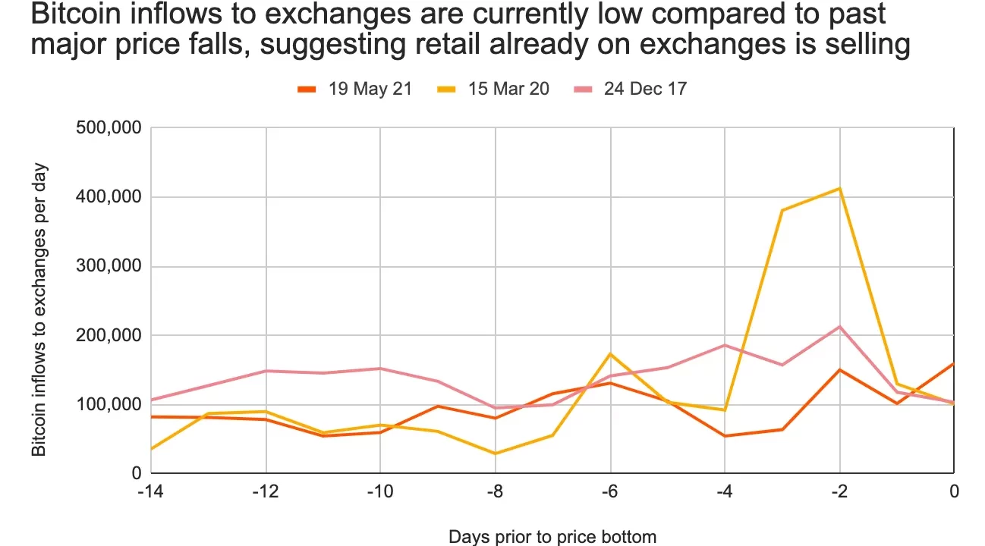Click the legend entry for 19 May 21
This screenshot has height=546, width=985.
pos(354,89)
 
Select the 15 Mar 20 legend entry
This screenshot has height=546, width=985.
pos(492,89)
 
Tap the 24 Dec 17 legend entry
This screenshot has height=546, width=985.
pos(630,89)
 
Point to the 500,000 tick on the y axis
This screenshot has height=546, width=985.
pos(109,127)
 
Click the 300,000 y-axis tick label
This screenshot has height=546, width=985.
pos(109,266)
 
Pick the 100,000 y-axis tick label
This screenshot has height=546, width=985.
pos(109,404)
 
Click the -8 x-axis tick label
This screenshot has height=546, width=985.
pos(496,491)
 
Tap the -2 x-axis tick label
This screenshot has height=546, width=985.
pos(839,491)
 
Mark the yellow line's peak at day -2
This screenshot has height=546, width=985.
pos(839,188)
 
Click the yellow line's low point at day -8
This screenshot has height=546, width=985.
pos(496,453)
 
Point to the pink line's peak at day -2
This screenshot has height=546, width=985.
pos(839,326)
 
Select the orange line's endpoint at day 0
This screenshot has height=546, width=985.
pos(953,363)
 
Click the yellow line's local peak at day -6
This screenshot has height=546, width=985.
pos(610,353)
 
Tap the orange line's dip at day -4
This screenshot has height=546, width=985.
pos(725,436)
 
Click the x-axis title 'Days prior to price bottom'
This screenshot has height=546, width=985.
pos(552,537)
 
